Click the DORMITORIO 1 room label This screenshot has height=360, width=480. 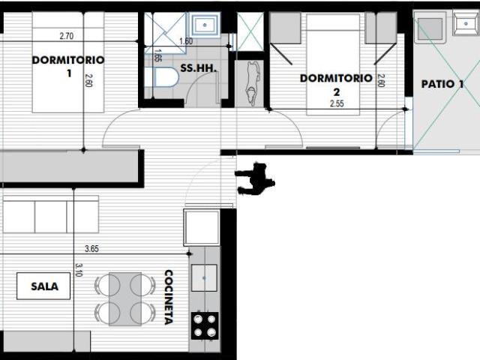pyautogui.click(x=68, y=66)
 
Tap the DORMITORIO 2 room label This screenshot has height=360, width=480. pyautogui.click(x=336, y=85)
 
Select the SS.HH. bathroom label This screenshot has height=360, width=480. pyautogui.click(x=198, y=68)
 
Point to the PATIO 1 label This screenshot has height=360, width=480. pyautogui.click(x=442, y=84)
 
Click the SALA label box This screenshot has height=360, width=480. pyautogui.click(x=43, y=286)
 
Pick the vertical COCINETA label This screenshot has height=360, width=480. pyautogui.click(x=169, y=297)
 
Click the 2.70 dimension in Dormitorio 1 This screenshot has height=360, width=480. pyautogui.click(x=67, y=36)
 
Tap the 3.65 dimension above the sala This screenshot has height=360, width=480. pyautogui.click(x=91, y=249)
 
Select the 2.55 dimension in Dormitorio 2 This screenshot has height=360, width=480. pyautogui.click(x=337, y=103)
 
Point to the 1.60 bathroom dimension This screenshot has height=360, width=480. pyautogui.click(x=186, y=41)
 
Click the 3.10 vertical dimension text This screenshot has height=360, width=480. pyautogui.click(x=78, y=270)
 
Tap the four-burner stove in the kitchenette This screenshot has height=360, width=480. pyautogui.click(x=205, y=325)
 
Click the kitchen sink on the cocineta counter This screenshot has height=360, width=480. pyautogui.click(x=204, y=278)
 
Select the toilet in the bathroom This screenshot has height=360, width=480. pyautogui.click(x=162, y=78)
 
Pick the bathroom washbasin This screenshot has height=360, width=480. pyautogui.click(x=205, y=24)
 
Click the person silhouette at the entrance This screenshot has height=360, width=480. pyautogui.click(x=255, y=179)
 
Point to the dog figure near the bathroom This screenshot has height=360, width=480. pyautogui.click(x=253, y=82)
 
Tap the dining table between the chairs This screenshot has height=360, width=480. pyautogui.click(x=125, y=299)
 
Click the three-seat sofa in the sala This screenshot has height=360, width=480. pyautogui.click(x=51, y=214)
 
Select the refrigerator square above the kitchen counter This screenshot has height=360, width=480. pyautogui.click(x=202, y=227)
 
